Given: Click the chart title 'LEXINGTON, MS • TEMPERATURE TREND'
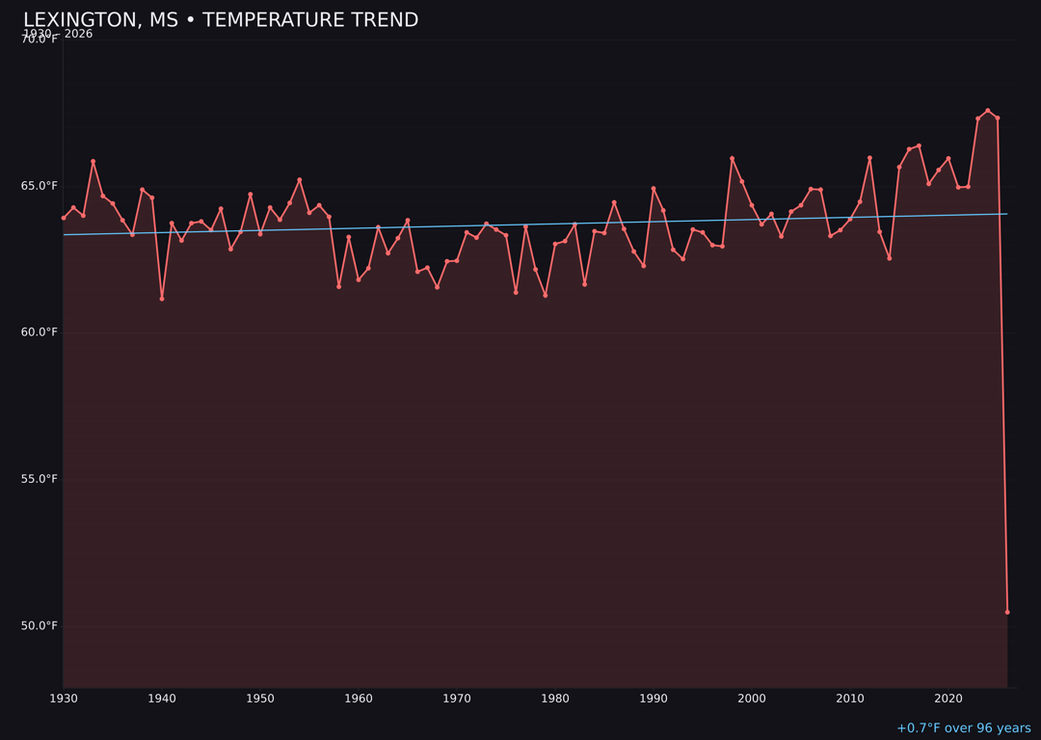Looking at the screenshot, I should tap(221, 20).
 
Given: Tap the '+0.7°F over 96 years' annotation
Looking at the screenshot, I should tap(963, 728).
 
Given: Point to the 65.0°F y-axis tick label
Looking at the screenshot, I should tap(40, 186).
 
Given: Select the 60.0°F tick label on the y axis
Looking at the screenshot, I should tap(40, 332).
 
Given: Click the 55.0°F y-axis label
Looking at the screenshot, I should tap(40, 479).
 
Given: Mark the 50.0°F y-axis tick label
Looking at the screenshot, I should tap(40, 625).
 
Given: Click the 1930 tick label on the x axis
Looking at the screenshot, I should tap(64, 699).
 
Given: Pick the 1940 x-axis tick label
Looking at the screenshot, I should tap(162, 699).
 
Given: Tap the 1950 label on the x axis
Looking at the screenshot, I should tap(260, 699).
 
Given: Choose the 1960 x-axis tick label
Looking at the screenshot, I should tap(359, 699).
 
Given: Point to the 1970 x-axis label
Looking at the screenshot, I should tap(457, 699).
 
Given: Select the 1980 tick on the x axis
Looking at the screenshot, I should tap(555, 699).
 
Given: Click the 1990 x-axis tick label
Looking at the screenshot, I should tap(654, 699).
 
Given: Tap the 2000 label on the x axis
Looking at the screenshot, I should tap(752, 699).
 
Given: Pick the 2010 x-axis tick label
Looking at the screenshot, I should tap(850, 699).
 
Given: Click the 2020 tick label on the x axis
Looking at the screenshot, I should tap(948, 699).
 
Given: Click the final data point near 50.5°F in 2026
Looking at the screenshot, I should tap(1007, 612).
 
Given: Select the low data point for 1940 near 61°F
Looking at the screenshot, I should tap(162, 299).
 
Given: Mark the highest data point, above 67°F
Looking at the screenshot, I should tap(987, 111).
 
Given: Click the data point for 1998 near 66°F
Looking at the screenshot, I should tap(732, 158).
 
